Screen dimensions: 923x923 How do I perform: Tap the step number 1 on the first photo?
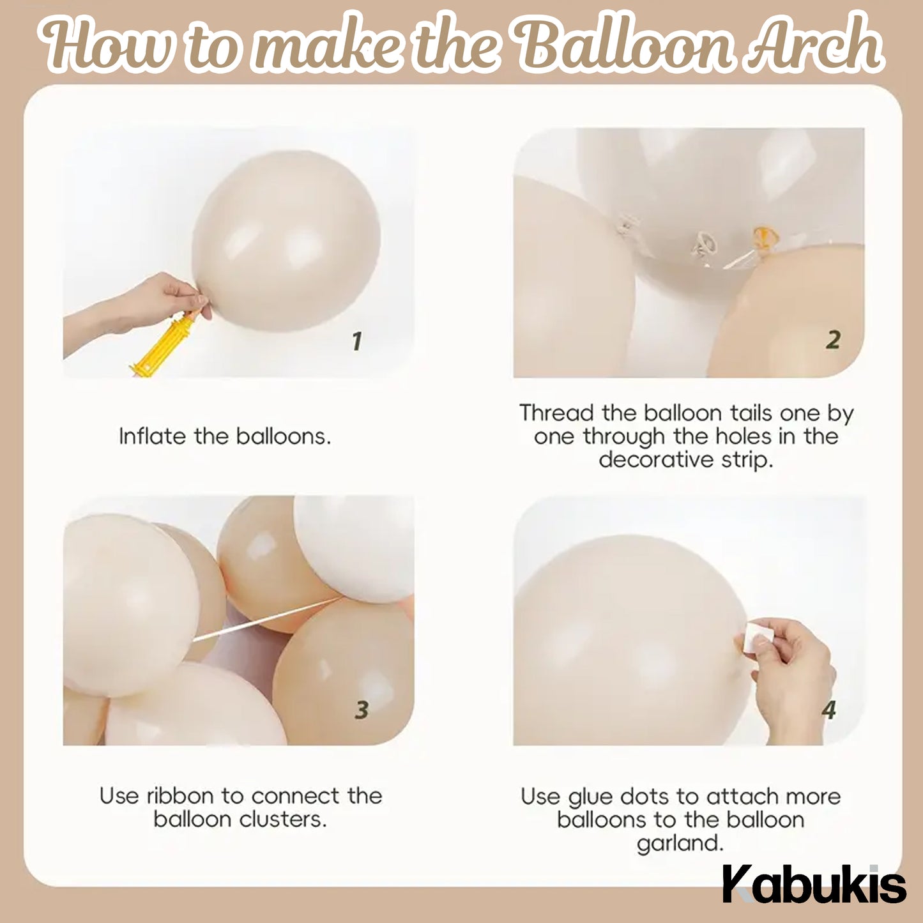(x=357, y=340)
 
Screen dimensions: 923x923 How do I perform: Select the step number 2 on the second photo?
(x=832, y=340)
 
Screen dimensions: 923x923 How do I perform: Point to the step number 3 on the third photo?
(x=362, y=709)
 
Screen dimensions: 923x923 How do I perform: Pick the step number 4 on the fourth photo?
(x=829, y=709)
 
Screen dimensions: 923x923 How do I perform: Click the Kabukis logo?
(x=814, y=885)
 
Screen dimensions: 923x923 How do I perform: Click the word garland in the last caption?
(x=680, y=844)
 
